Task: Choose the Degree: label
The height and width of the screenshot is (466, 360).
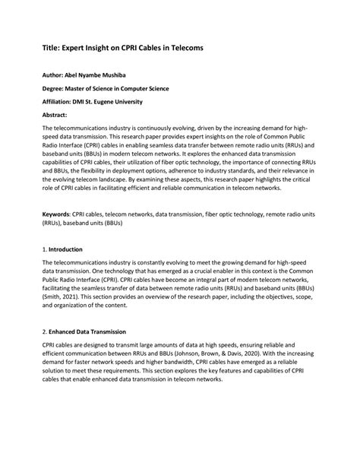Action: click(x=55, y=89)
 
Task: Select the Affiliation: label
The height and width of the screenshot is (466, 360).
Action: click(x=58, y=101)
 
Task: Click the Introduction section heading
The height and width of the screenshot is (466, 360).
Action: click(x=66, y=249)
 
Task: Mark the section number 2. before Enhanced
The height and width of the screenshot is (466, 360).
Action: click(x=45, y=331)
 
